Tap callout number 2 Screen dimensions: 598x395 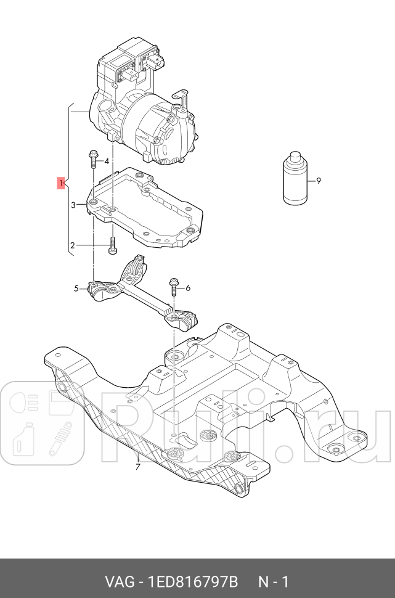pyautogui.click(x=72, y=245)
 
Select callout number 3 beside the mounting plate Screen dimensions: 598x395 pyautogui.click(x=73, y=205)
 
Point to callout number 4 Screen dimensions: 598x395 pyautogui.click(x=107, y=162)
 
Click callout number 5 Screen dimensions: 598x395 pyautogui.click(x=77, y=288)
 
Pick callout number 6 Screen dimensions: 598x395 pyautogui.click(x=188, y=288)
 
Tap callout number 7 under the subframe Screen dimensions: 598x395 pyautogui.click(x=137, y=467)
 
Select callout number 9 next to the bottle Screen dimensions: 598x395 pyautogui.click(x=319, y=181)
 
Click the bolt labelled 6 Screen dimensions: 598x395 pyautogui.click(x=173, y=289)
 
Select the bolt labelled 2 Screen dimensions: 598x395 pyautogui.click(x=112, y=245)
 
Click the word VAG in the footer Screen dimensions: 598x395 pyautogui.click(x=117, y=581)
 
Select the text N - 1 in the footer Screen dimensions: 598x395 pyautogui.click(x=272, y=581)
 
